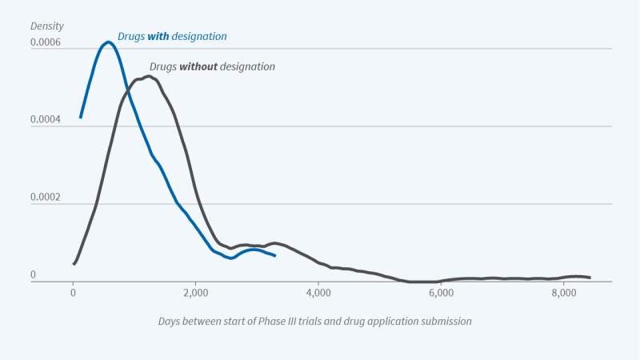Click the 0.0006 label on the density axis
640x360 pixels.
coord(45,42)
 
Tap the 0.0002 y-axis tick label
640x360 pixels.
coord(45,197)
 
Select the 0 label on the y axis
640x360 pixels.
coord(33,274)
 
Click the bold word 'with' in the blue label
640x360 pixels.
coord(158,36)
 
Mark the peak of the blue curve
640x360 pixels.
coord(108,42)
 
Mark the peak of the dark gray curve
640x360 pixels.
coord(148,77)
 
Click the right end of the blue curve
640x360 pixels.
coord(275,255)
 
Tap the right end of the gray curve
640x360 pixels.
coord(590,278)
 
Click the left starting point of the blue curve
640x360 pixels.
coord(81,117)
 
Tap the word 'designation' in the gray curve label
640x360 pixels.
coord(247,66)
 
